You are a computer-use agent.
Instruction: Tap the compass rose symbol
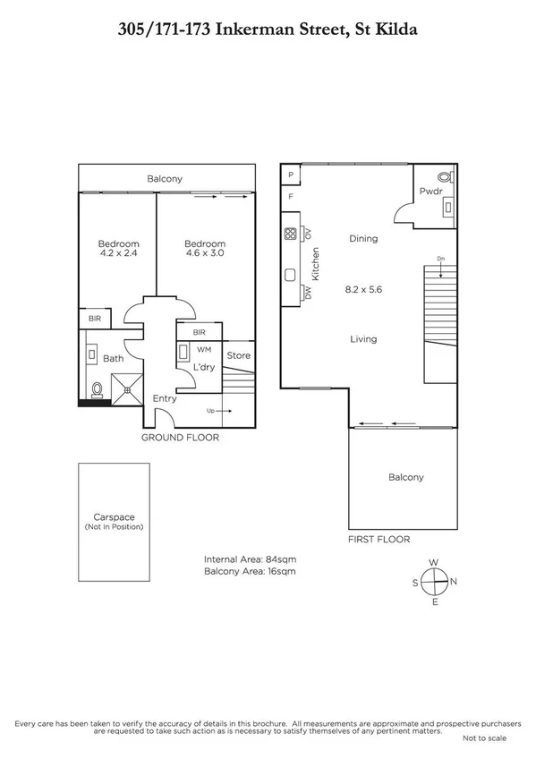[434, 582]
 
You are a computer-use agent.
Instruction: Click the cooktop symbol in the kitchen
[291, 235]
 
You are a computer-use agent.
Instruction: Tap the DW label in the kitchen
[307, 292]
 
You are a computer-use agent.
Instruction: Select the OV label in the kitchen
[307, 235]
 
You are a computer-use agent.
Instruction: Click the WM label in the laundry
[203, 350]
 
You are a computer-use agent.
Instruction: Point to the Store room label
[239, 356]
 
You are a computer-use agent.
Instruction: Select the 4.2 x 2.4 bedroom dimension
[118, 253]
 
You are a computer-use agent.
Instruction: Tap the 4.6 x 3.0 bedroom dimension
[205, 253]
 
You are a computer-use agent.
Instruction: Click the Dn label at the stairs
[440, 259]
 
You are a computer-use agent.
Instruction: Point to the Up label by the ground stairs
[210, 411]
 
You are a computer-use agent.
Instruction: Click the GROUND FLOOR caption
[180, 438]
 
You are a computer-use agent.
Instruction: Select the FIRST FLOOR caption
[379, 540]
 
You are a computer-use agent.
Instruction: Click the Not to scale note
[484, 738]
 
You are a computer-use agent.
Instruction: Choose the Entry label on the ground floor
[164, 398]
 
